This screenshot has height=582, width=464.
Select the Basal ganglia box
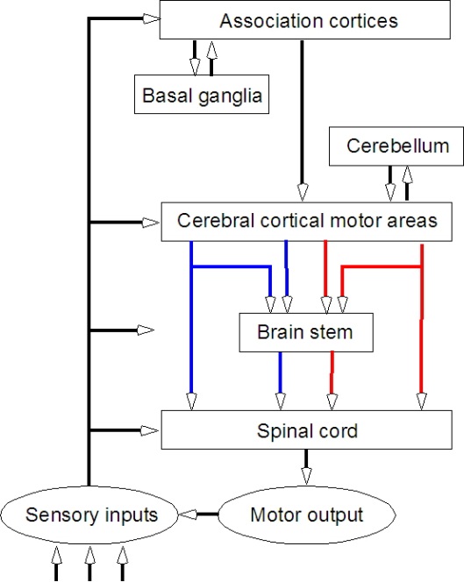[x=200, y=94]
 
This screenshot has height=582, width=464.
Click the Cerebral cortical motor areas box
[x=306, y=221]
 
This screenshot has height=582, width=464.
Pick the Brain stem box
[x=306, y=332]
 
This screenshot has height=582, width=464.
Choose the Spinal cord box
[x=306, y=431]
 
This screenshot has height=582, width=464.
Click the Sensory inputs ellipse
[x=92, y=514]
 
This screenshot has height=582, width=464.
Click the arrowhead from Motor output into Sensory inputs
[x=186, y=514]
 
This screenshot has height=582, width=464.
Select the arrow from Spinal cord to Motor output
[x=306, y=465]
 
